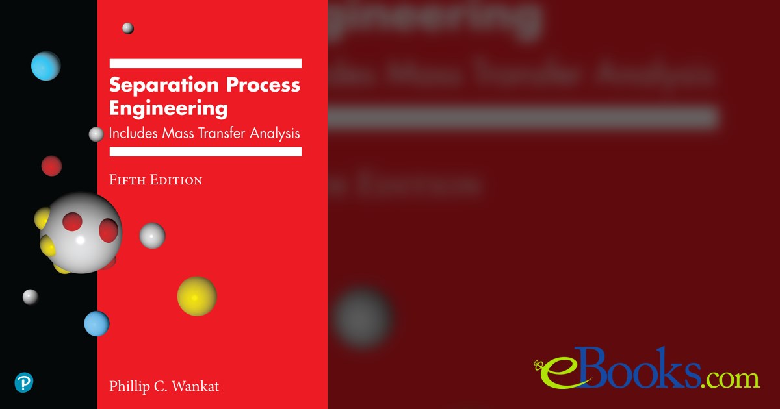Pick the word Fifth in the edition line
127,180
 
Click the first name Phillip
131,387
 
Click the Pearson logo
23,382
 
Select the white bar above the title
205,64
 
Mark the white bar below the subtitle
205,151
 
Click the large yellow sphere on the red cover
197,296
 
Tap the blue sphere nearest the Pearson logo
96,323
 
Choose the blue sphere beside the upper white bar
46,66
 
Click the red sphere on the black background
51,166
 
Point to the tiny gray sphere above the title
128,28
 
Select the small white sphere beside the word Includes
96,134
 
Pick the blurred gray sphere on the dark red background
361,319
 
